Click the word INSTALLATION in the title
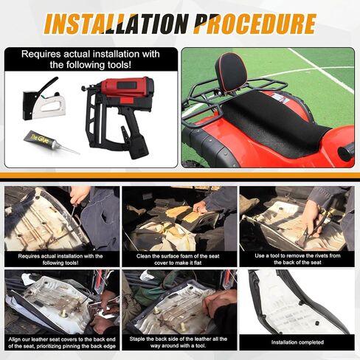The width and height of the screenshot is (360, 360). pyautogui.click(x=117, y=24)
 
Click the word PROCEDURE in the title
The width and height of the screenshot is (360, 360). pyautogui.click(x=255, y=24)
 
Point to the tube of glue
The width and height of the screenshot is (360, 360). pyautogui.click(x=51, y=142)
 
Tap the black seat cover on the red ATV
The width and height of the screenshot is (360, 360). pyautogui.click(x=273, y=123)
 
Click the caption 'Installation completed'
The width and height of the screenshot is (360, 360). pyautogui.click(x=297, y=342)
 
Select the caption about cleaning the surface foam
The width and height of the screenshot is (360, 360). pyautogui.click(x=178, y=260)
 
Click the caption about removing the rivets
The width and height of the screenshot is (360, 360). pyautogui.click(x=297, y=259)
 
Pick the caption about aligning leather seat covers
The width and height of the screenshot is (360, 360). pyautogui.click(x=62, y=343)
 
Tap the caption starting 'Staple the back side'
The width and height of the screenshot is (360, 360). pyautogui.click(x=178, y=342)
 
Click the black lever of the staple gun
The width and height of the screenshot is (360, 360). pyautogui.click(x=48, y=85)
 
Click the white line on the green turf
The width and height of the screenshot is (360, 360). pyautogui.click(x=321, y=70)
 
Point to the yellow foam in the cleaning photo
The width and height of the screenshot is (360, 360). pyautogui.click(x=182, y=213)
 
